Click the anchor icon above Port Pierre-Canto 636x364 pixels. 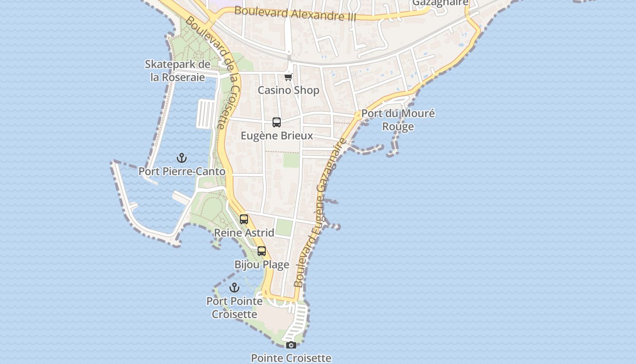click(x=182, y=158)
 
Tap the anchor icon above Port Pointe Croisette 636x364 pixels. click(x=234, y=288)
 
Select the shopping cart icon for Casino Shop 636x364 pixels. click(x=288, y=77)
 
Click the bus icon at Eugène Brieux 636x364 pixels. click(x=277, y=122)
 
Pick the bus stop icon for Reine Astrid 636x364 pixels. click(x=244, y=219)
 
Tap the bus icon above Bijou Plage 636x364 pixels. click(x=262, y=251)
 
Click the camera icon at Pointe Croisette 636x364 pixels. click(x=291, y=345)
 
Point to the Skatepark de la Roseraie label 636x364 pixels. click(x=178, y=71)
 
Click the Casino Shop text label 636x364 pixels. click(x=288, y=90)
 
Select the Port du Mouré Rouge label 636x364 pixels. click(x=398, y=120)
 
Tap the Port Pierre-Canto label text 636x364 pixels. click(x=182, y=172)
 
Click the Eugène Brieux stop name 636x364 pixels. click(x=277, y=136)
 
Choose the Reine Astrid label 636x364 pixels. click(x=244, y=233)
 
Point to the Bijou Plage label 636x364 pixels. click(x=262, y=264)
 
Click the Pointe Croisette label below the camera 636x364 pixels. click(x=291, y=358)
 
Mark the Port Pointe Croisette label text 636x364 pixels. click(x=234, y=308)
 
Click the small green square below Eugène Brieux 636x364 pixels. click(x=291, y=160)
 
